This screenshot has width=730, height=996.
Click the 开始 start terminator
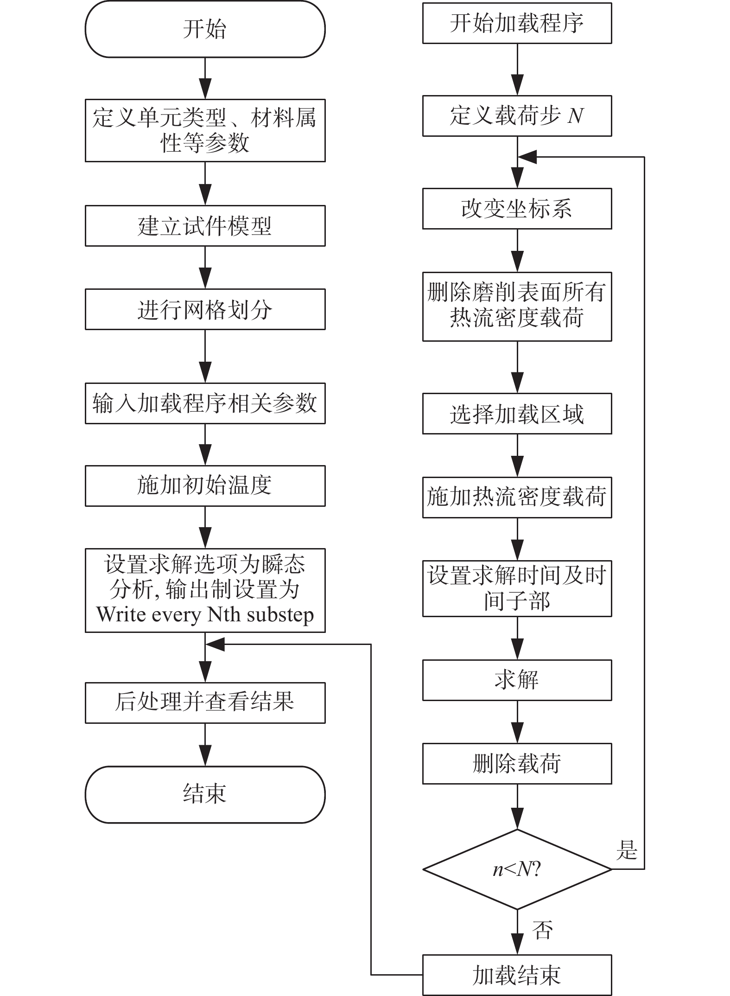(x=205, y=29)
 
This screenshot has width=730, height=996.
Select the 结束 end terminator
(x=205, y=794)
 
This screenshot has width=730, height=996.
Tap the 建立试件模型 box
(x=205, y=226)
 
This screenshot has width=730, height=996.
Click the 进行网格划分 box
(x=205, y=309)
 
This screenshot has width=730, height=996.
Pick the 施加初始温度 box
(x=205, y=485)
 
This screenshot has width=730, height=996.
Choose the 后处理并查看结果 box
(x=205, y=702)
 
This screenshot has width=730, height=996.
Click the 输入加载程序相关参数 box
(x=205, y=403)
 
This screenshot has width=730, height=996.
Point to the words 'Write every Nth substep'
(x=205, y=615)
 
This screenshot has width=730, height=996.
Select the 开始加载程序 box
(x=517, y=23)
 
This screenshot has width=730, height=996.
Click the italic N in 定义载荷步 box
(x=575, y=115)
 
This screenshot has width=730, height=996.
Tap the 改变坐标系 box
(x=517, y=208)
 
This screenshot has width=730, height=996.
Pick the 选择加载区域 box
(x=517, y=414)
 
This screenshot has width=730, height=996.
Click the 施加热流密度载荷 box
(x=517, y=497)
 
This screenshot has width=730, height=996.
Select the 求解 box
(x=517, y=680)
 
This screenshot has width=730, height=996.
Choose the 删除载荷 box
(x=517, y=764)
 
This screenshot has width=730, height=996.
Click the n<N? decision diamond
(x=517, y=869)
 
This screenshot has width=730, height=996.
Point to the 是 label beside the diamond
(x=627, y=850)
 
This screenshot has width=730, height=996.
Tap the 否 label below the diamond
(x=542, y=930)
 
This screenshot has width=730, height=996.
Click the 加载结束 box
(x=517, y=975)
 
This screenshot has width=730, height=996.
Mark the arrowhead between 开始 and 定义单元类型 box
(x=205, y=88)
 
